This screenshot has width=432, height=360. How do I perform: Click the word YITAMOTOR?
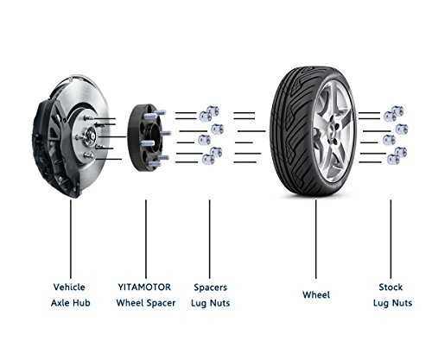coord(144,287)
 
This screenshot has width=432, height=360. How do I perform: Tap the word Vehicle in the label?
coord(69,287)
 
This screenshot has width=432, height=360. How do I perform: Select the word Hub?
coord(81,303)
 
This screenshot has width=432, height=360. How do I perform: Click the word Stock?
coord(391,287)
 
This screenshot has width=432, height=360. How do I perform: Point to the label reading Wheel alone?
coord(316,294)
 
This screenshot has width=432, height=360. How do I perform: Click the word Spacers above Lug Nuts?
coord(210,287)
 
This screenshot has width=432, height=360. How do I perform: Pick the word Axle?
coord(60,303)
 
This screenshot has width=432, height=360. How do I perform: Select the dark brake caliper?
coord(43,144)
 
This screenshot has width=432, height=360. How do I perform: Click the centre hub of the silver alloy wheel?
coord(335,131)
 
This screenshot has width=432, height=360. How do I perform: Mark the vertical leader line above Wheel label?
coord(316,239)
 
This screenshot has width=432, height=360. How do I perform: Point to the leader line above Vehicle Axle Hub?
coord(71,239)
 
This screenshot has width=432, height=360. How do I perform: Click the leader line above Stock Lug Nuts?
coord(391,239)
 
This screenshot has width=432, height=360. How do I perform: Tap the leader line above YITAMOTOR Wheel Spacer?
coord(146,239)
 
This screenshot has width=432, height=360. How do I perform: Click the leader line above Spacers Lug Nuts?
coord(209,239)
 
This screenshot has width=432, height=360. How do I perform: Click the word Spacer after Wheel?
coord(161,303)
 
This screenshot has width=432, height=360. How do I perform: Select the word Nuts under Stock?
coord(402,303)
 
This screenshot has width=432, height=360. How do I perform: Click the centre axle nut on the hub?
coord(90,134)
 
